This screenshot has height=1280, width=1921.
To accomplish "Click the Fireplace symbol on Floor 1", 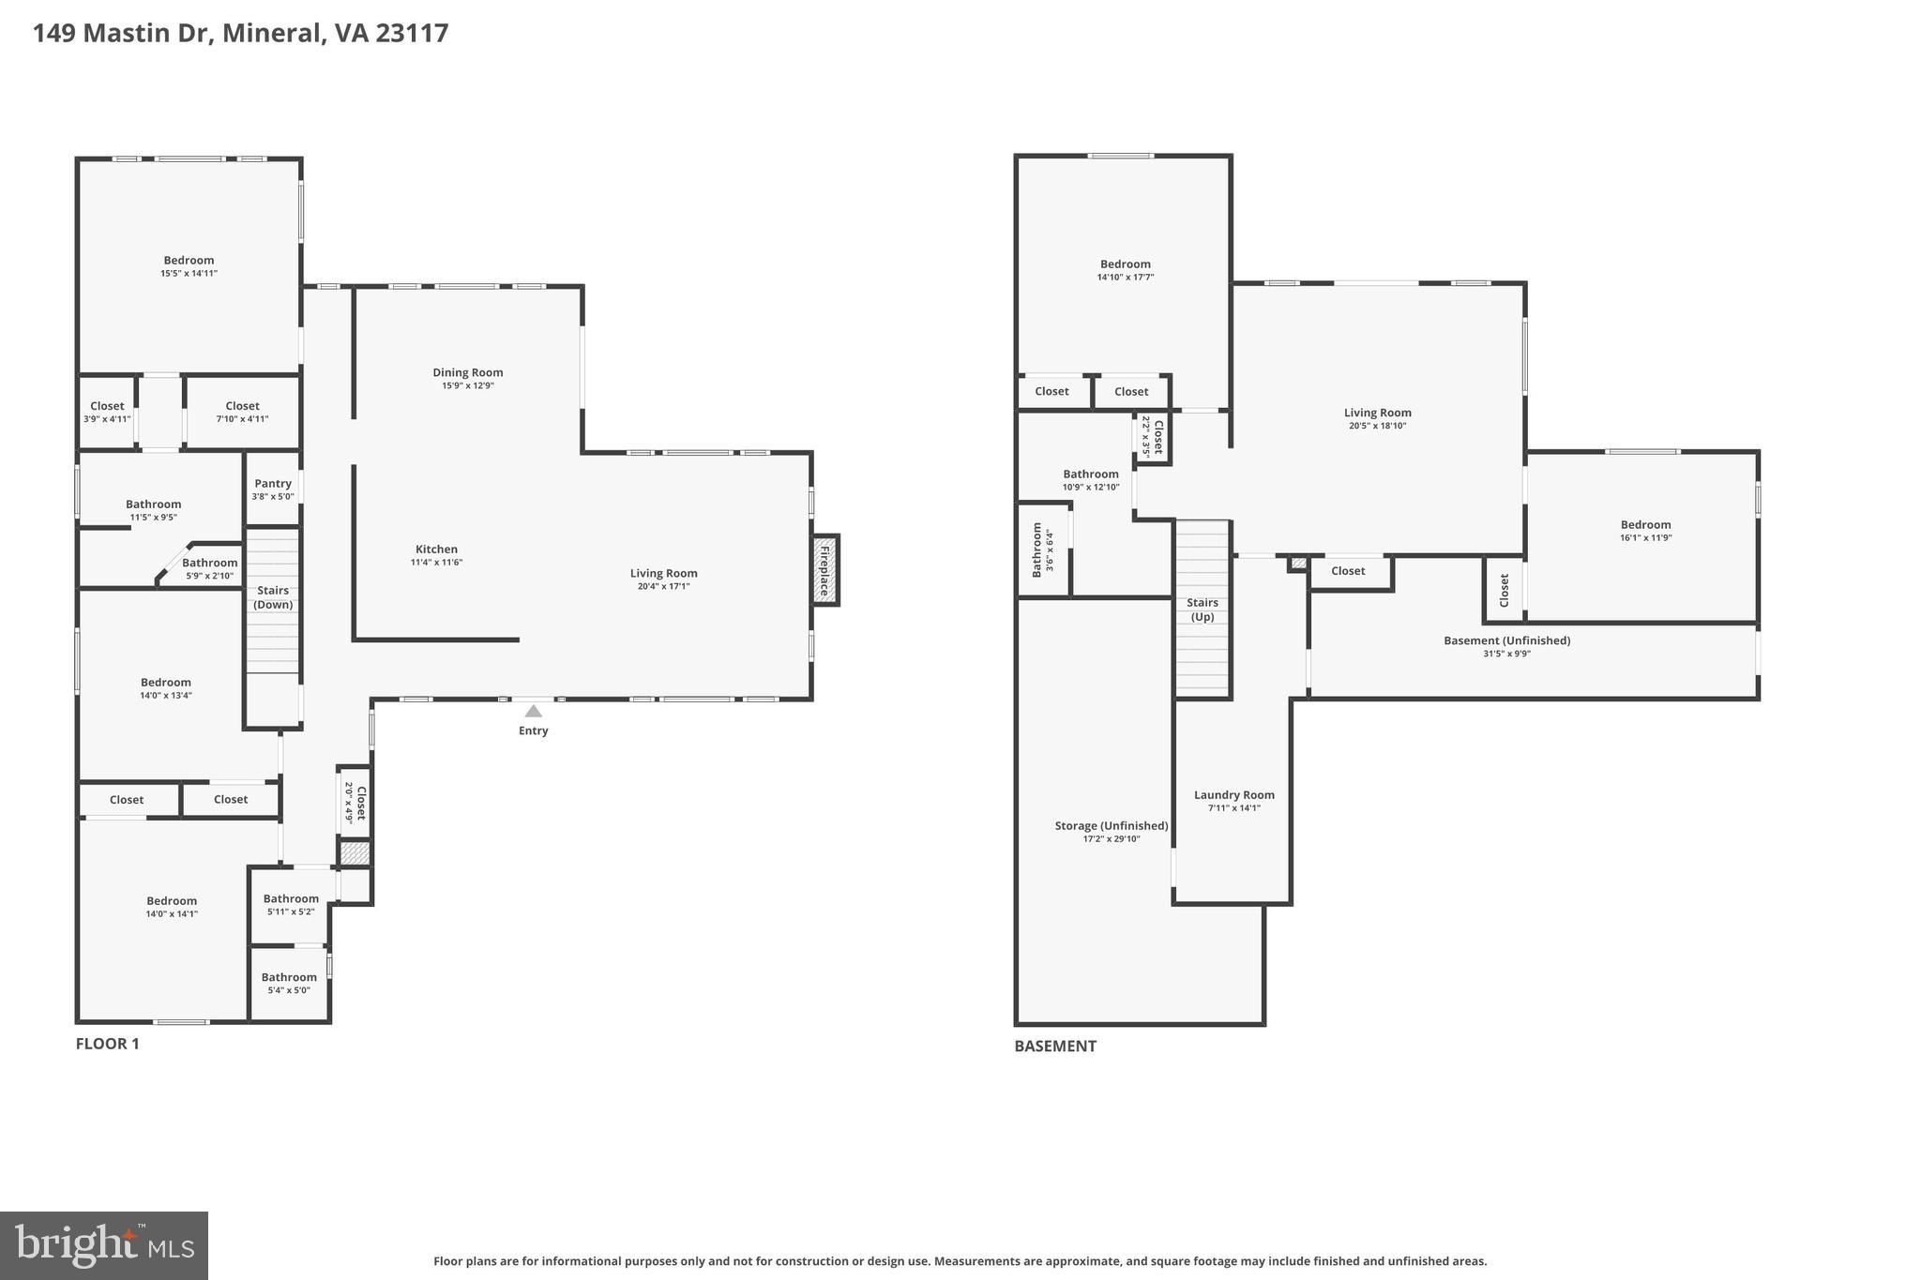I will click(824, 570).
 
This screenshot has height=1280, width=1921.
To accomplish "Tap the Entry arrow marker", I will click(533, 712).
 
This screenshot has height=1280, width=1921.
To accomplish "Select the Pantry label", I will click(273, 484).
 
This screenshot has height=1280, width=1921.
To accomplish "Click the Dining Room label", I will click(467, 373).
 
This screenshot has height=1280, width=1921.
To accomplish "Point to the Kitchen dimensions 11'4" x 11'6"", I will click(436, 563).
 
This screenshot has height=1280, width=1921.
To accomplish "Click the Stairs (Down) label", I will click(273, 597).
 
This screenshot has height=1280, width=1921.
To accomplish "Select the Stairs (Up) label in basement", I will click(1202, 610).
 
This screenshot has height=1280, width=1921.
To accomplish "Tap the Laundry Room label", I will click(1233, 795).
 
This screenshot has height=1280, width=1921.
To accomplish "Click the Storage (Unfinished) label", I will click(1111, 826).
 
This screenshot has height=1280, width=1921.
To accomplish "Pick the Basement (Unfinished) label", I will click(1506, 641).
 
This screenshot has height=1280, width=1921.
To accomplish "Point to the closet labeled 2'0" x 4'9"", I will click(355, 803).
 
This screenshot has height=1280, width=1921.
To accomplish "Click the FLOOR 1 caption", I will click(107, 1044).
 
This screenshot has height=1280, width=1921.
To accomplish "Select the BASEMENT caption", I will click(1054, 1047).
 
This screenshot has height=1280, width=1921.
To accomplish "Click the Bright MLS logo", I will click(103, 1246).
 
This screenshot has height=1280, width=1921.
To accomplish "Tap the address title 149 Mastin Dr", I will click(240, 33).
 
